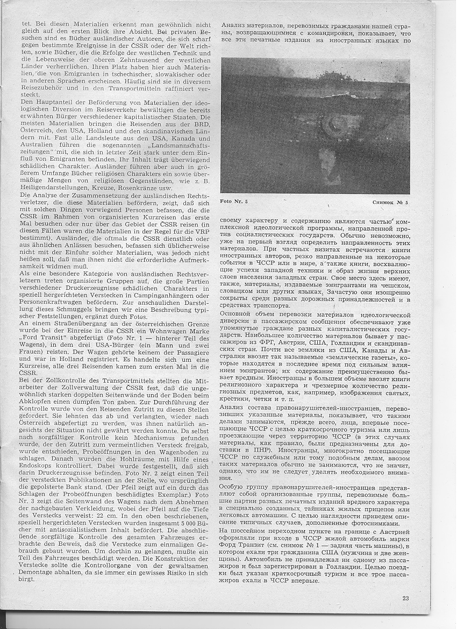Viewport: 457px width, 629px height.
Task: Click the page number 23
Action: coord(405,597)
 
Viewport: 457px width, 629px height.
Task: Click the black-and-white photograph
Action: coord(315,126)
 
